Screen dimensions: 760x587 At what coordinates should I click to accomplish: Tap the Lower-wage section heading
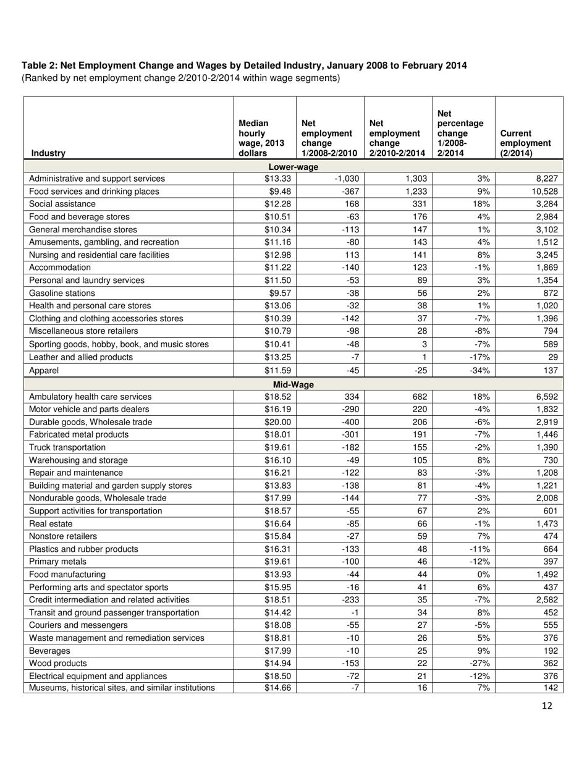pos(293,167)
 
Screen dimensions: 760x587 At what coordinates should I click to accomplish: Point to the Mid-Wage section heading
pos(293,385)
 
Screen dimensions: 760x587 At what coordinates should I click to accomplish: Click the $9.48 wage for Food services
pos(279,192)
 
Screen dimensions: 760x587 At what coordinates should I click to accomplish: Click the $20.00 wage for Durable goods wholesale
pos(277,422)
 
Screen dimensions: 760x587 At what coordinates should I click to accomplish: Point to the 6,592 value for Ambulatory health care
pos(547,397)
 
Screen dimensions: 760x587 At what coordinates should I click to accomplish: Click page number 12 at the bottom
pos(547,706)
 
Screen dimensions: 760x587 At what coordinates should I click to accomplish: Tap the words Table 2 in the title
pos(39,65)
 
